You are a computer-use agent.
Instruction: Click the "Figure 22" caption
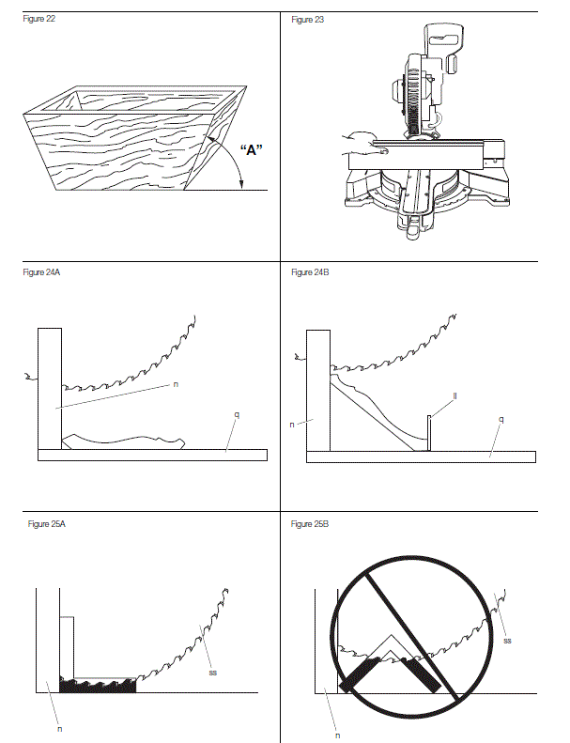39,19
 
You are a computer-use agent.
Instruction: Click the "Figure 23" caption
308,19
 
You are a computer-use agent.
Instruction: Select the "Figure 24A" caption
40,271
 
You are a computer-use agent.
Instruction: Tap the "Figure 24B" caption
310,271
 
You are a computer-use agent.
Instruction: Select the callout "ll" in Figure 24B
454,396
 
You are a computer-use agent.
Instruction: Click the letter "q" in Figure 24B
501,419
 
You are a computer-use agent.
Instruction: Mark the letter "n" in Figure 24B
294,425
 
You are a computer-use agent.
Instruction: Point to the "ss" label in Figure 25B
507,640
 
